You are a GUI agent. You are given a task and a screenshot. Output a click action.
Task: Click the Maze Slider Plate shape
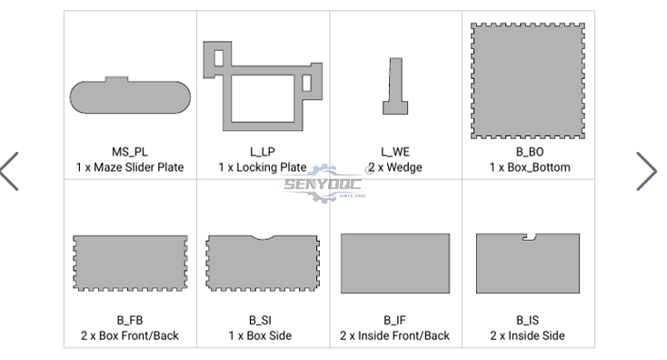(x=130, y=97)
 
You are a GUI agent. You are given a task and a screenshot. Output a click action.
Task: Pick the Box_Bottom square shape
(x=528, y=81)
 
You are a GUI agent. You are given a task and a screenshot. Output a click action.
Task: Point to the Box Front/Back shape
(x=130, y=263)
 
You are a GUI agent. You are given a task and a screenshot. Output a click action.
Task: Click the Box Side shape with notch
(x=263, y=265)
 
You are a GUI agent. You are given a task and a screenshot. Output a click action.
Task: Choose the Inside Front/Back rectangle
(x=395, y=263)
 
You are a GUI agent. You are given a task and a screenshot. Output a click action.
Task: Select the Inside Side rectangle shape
(x=528, y=265)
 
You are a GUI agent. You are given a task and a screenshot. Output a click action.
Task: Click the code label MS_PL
(x=130, y=152)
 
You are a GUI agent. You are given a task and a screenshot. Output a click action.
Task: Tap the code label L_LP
(x=263, y=152)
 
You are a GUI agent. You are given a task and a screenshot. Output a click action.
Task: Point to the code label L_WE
(x=395, y=152)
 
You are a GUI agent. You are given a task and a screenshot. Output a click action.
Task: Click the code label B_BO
(x=530, y=152)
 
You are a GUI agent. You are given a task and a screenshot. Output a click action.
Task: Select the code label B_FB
(x=130, y=320)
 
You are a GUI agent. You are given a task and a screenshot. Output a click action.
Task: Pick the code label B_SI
(x=260, y=320)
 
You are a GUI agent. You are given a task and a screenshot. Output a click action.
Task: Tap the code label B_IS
(x=527, y=320)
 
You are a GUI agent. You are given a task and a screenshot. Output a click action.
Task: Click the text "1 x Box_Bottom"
(x=530, y=167)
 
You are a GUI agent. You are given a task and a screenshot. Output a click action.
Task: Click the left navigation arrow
(x=9, y=171)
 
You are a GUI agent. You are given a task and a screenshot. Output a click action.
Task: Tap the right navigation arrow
(x=647, y=171)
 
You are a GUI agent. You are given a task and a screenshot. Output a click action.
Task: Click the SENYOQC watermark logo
(x=324, y=184)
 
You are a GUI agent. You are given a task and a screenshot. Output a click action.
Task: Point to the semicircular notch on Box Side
(x=263, y=238)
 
